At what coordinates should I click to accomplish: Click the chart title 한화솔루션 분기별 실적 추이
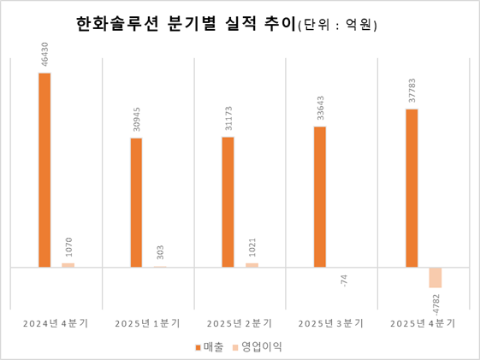pos(184,26)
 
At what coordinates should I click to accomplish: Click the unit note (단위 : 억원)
pos(336,27)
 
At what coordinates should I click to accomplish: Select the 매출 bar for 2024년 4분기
pos(44,170)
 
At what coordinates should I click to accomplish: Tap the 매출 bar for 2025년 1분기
pos(136,203)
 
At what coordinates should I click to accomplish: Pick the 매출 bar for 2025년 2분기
pos(228,202)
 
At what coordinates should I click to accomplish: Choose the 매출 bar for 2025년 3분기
pos(320,197)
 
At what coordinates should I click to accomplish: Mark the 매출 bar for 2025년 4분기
pos(412,188)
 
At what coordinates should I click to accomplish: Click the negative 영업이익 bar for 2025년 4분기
pos(436,278)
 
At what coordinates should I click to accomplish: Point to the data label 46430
pos(44,56)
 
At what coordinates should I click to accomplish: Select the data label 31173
pos(228,120)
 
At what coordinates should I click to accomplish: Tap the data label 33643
pos(320,109)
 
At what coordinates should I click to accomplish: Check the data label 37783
pos(412,91)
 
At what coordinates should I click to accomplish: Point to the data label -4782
pos(436,304)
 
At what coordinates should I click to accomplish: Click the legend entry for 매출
pos(210,347)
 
